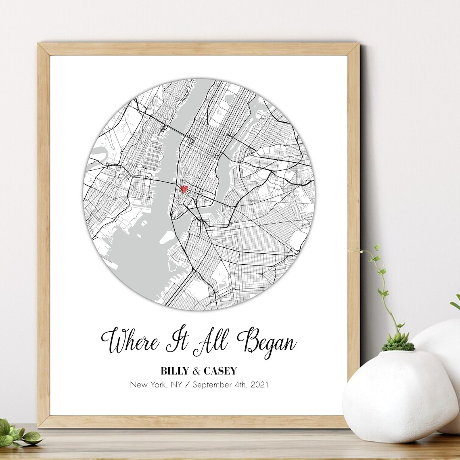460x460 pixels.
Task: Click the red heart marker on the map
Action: (x=184, y=189)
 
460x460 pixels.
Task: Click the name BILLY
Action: (x=177, y=371)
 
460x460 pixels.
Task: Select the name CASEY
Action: (x=220, y=371)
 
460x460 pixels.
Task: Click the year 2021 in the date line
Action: (x=259, y=385)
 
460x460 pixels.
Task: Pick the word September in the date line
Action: (x=211, y=385)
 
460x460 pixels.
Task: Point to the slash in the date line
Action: (x=188, y=385)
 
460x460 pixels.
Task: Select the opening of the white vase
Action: (x=398, y=351)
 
